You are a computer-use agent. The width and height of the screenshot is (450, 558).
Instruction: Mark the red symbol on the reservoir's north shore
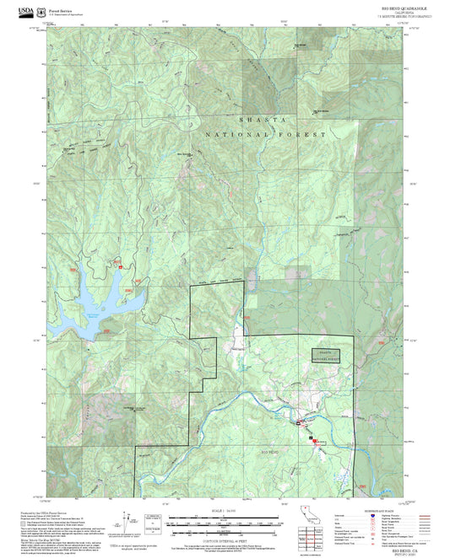click(120, 266)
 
